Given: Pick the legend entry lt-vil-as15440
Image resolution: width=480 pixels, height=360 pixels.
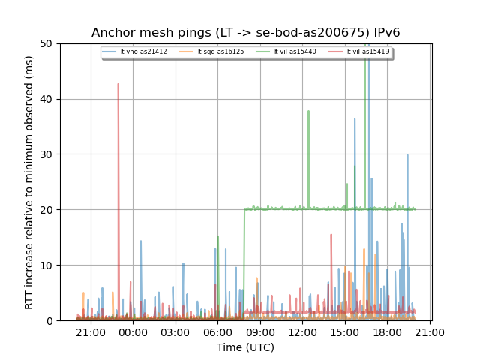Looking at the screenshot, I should click(x=290, y=52).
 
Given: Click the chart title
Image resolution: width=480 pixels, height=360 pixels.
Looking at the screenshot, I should click(x=246, y=33).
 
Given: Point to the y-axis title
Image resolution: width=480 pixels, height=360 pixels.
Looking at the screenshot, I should click(x=29, y=182).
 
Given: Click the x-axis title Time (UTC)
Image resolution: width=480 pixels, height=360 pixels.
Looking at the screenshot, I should click(x=245, y=347).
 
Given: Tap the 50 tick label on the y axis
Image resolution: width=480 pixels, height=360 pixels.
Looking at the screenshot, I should click(x=46, y=43).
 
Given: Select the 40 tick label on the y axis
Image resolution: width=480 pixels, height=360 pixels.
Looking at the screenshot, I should click(x=46, y=99).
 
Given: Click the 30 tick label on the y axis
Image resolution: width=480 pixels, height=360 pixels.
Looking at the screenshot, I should click(x=46, y=154).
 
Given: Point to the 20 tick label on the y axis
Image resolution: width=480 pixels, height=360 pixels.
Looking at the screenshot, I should click(x=46, y=210).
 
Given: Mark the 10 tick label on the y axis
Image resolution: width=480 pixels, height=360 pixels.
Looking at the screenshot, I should click(x=46, y=265).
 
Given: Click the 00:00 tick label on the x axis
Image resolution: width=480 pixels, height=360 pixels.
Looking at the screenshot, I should click(x=133, y=331).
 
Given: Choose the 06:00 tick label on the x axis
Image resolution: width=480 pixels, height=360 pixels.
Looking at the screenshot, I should click(x=217, y=331).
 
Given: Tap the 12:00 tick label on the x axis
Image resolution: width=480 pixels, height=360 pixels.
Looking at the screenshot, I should click(x=302, y=331).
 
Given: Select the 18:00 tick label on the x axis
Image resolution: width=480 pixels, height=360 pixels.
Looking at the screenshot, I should click(x=387, y=331).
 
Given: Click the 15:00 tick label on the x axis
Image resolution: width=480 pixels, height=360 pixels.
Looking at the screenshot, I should click(x=344, y=331).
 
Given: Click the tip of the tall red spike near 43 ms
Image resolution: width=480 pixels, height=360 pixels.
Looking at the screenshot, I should click(x=118, y=83).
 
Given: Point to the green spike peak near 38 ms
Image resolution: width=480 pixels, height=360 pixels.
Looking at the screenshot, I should click(x=308, y=111).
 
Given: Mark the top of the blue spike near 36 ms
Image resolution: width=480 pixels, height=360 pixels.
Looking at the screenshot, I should click(x=355, y=118).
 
